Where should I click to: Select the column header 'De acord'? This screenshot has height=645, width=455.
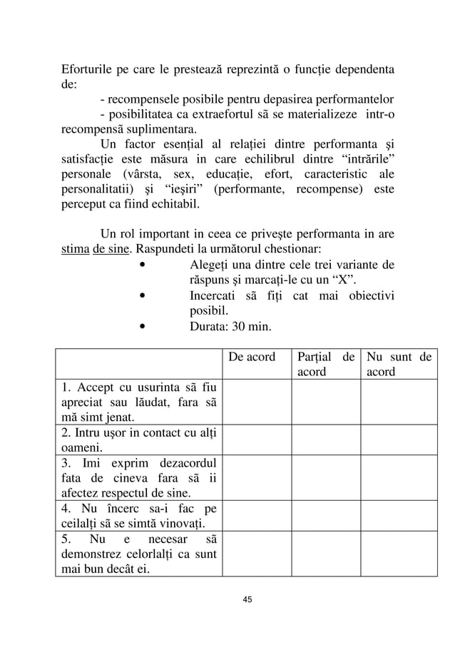(251, 357)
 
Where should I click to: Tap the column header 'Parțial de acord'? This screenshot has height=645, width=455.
(325, 364)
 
